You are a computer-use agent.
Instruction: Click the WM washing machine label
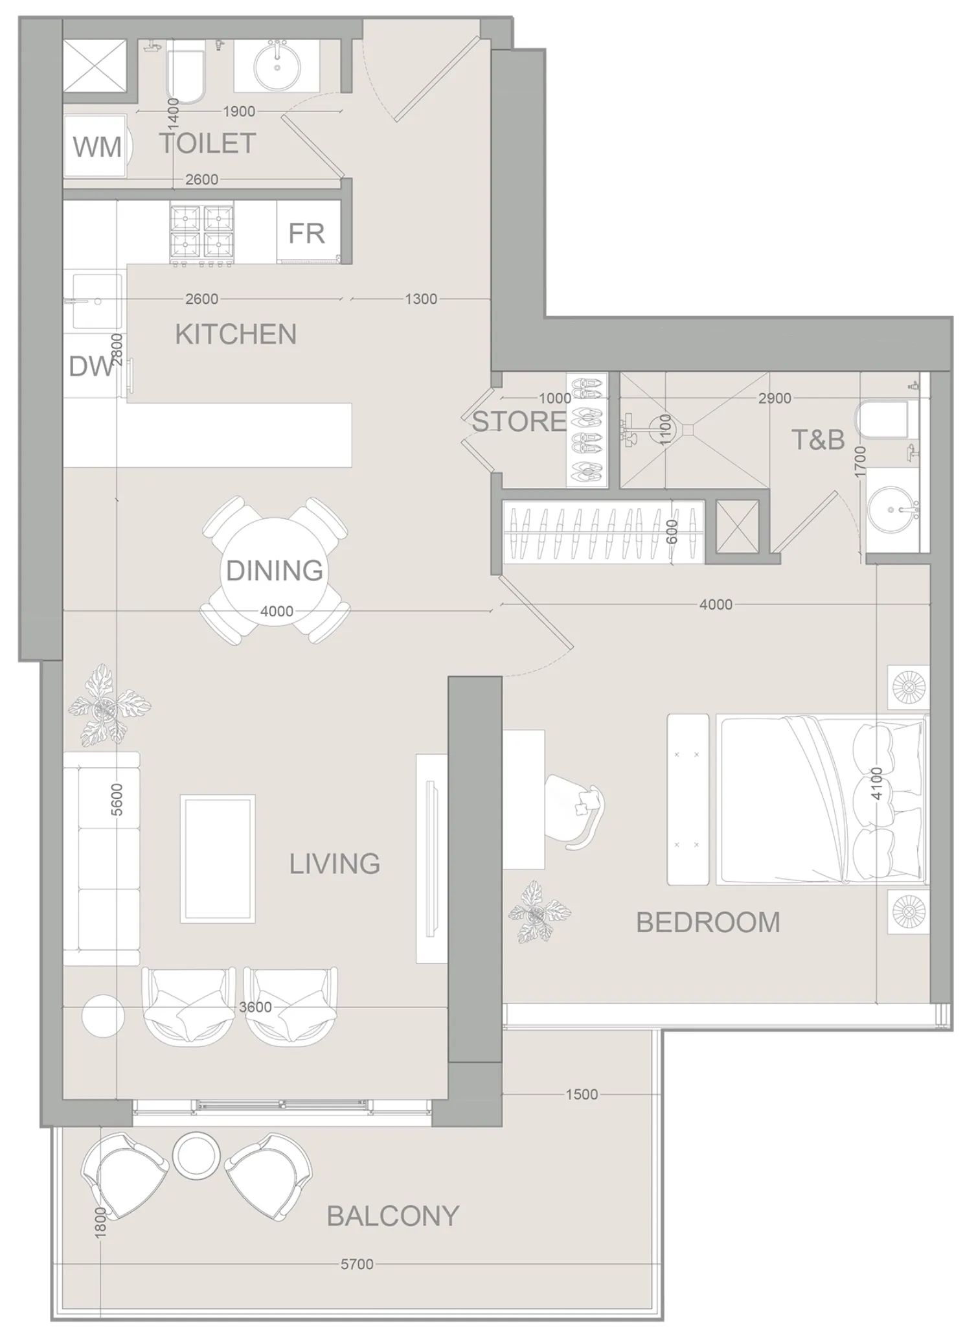97,148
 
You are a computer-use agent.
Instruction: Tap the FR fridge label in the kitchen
306,233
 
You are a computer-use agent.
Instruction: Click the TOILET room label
208,143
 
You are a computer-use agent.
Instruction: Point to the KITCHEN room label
236,334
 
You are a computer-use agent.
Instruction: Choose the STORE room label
519,422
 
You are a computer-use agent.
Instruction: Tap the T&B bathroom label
818,440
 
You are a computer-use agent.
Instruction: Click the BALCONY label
393,1216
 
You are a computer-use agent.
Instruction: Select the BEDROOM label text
708,922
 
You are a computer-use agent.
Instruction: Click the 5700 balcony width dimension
357,1265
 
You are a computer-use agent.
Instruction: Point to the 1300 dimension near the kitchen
421,299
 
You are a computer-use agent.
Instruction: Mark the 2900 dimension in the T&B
775,398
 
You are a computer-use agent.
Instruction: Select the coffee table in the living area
218,859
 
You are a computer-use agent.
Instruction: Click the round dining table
275,570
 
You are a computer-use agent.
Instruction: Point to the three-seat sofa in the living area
102,858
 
